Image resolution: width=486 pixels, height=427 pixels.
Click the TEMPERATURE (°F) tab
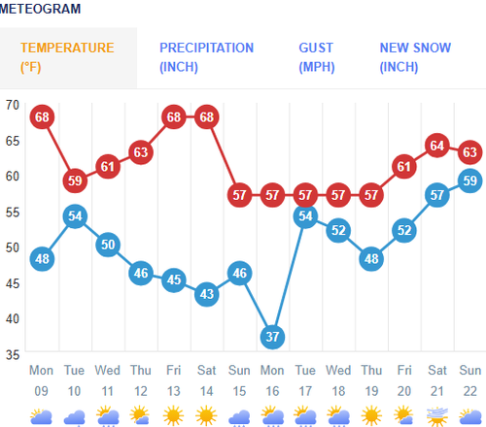(67, 57)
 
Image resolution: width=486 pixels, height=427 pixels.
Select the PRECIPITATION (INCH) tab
(206, 57)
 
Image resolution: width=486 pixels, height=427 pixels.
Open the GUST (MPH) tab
(316, 57)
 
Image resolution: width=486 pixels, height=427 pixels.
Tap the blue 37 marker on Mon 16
(272, 337)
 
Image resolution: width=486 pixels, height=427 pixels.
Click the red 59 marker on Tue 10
(75, 181)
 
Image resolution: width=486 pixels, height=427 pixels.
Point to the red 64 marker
(436, 147)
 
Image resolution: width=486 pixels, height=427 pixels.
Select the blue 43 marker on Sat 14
(206, 294)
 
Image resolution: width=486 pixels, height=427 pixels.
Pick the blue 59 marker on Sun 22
(469, 181)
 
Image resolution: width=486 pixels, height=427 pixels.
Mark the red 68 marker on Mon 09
(42, 117)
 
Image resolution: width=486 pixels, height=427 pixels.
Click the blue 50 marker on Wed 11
(108, 245)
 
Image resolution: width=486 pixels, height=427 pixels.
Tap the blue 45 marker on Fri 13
(173, 279)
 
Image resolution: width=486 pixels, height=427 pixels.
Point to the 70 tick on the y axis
(13, 104)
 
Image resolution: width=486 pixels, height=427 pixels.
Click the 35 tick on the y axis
(13, 354)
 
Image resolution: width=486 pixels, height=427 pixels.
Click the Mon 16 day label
(272, 379)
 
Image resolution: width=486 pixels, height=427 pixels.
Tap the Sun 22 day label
(469, 379)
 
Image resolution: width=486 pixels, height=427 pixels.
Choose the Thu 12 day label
(141, 379)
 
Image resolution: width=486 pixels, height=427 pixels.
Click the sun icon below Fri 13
(173, 416)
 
